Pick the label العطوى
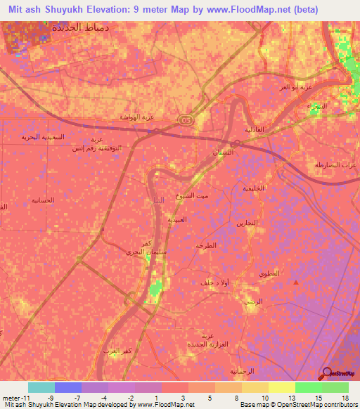(269, 273)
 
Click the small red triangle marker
(295, 282)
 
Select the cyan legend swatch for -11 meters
(41, 387)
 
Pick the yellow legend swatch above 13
(282, 387)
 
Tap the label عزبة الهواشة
(136, 117)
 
